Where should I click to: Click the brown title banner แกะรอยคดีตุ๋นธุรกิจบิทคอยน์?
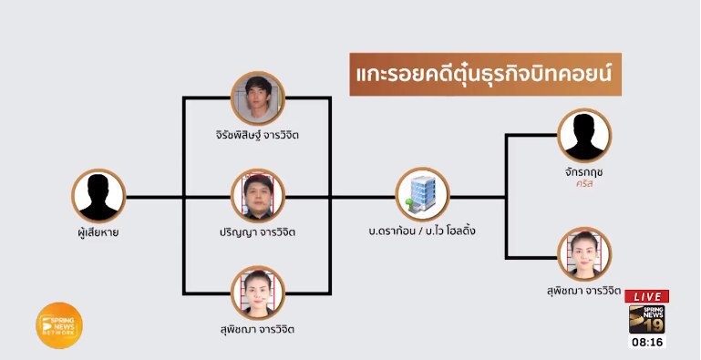coord(485,75)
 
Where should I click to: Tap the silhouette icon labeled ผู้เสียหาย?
coord(98,195)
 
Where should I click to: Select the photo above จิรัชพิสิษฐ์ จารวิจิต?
coord(257,98)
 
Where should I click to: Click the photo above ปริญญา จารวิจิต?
coord(258,195)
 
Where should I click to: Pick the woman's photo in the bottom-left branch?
coord(258,292)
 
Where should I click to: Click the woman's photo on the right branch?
coord(583,253)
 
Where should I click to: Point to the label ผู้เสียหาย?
coord(98,232)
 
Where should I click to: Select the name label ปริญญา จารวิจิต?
coord(258,232)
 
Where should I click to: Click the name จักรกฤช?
coord(584,170)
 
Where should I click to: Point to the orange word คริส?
coord(584,186)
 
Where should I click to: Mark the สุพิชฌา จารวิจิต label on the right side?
coord(585,292)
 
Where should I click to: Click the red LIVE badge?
coord(646,296)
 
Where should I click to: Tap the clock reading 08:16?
coord(647,343)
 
